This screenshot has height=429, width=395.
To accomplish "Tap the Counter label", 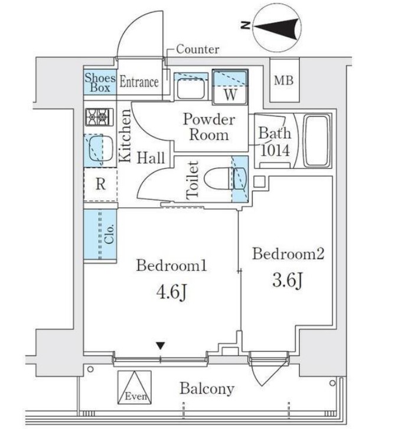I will (197, 50).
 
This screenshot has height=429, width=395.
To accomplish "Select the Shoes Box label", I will (99, 83).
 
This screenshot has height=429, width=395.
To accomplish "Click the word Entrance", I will (139, 82).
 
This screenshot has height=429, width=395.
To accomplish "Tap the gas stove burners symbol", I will (99, 117).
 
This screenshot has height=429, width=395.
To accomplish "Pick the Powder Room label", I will (208, 127).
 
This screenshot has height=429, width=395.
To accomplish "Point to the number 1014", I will (275, 150).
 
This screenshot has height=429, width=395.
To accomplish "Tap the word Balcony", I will (207, 389).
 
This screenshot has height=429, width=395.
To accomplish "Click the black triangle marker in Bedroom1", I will (161, 346).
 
